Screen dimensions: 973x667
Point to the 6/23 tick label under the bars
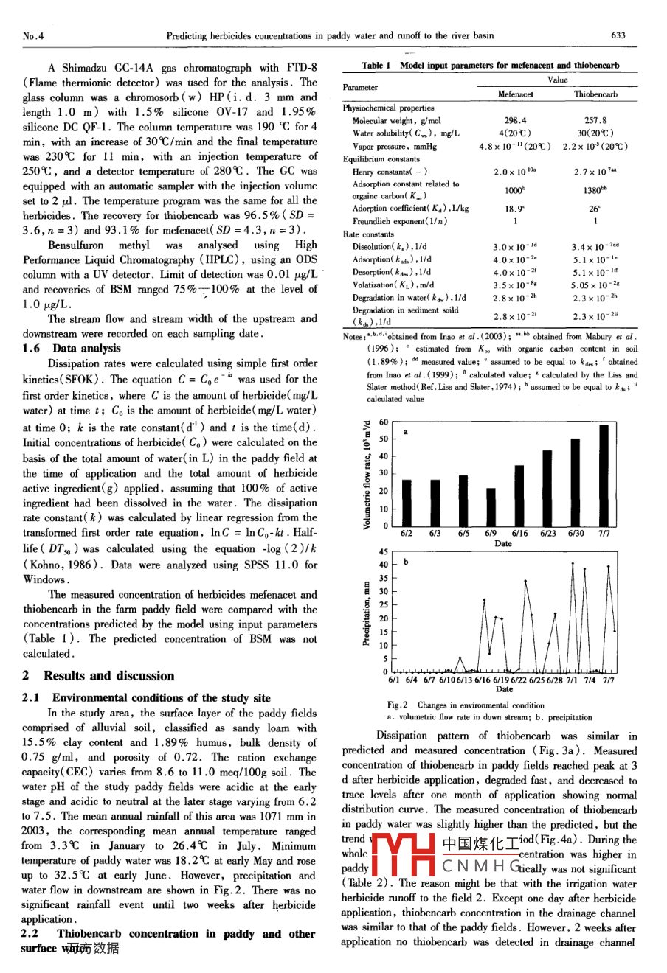[547, 533]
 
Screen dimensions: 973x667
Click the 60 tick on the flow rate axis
[383, 422]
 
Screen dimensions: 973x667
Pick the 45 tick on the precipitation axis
[383, 551]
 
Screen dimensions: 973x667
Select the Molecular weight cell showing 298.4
[515, 120]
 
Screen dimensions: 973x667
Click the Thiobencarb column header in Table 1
[595, 94]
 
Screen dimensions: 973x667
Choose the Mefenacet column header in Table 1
[515, 94]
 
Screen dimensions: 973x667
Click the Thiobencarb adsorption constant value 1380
[595, 189]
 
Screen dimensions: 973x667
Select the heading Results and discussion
[108, 675]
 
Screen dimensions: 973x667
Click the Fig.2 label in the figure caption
[398, 705]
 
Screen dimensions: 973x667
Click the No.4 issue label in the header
[34, 35]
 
